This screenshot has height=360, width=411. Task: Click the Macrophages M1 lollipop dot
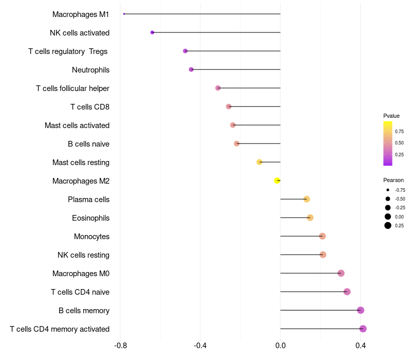click(124, 14)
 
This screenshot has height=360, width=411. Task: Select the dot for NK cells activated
click(152, 32)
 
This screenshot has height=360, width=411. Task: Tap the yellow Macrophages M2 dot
click(277, 181)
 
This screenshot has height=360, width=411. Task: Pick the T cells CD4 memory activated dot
click(363, 329)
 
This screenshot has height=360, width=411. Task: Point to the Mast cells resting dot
click(259, 162)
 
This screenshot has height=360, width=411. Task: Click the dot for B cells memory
click(361, 310)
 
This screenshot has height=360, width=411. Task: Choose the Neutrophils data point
click(191, 69)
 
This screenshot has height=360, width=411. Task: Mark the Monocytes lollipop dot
click(323, 236)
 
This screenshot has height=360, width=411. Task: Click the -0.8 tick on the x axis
click(120, 346)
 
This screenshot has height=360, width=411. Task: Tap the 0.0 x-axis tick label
click(281, 346)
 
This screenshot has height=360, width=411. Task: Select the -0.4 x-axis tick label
click(200, 346)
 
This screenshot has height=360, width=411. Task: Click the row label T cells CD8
click(90, 107)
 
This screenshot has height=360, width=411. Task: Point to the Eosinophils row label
click(91, 218)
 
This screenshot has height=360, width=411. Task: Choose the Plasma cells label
click(88, 200)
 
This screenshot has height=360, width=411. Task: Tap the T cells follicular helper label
click(72, 88)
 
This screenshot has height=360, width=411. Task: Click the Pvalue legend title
click(391, 116)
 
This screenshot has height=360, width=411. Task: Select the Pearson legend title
click(394, 180)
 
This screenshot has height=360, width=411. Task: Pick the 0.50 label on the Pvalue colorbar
click(399, 143)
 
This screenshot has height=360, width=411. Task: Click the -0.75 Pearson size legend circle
click(388, 190)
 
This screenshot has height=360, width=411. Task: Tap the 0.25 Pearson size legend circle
click(388, 225)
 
